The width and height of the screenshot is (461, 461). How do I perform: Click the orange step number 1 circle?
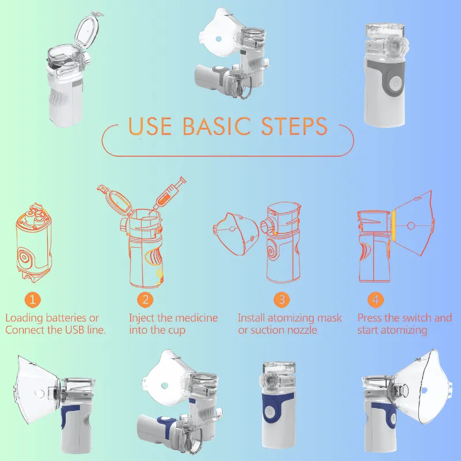tap(32, 300)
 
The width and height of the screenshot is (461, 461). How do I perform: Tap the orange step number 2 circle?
tap(145, 300)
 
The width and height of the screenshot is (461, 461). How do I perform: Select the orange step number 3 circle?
tap(282, 300)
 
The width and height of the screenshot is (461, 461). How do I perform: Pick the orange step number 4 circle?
tap(376, 300)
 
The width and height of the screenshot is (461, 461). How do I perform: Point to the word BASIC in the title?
tap(217, 126)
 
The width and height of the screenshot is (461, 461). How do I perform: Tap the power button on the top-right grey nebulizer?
tap(396, 82)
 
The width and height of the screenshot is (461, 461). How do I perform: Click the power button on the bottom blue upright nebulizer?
tap(269, 411)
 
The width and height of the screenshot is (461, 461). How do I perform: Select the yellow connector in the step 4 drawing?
tap(393, 226)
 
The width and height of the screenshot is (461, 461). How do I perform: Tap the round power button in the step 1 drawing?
tap(24, 256)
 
